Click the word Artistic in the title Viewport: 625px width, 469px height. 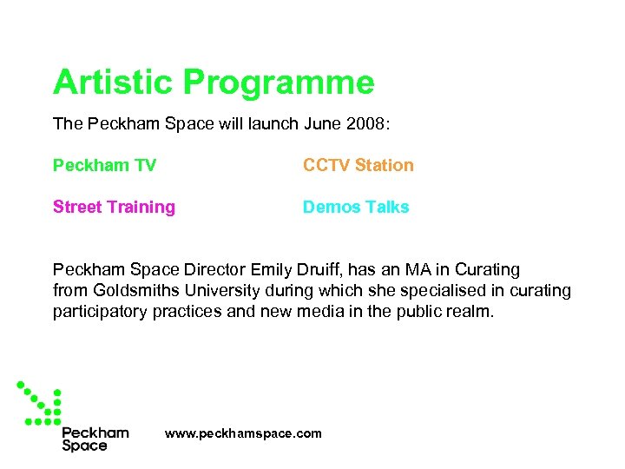[114, 83]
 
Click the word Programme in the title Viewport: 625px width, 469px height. [280, 83]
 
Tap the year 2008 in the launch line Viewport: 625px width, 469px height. [368, 124]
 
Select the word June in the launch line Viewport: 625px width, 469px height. [324, 124]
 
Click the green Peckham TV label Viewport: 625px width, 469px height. [104, 165]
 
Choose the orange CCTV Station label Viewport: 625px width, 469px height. [358, 165]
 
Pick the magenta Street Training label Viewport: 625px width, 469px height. [114, 207]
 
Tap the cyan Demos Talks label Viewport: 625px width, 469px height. [356, 207]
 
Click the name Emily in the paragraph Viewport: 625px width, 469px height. [272, 270]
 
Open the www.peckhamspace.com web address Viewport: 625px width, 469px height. [243, 433]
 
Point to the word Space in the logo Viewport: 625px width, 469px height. [84, 446]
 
